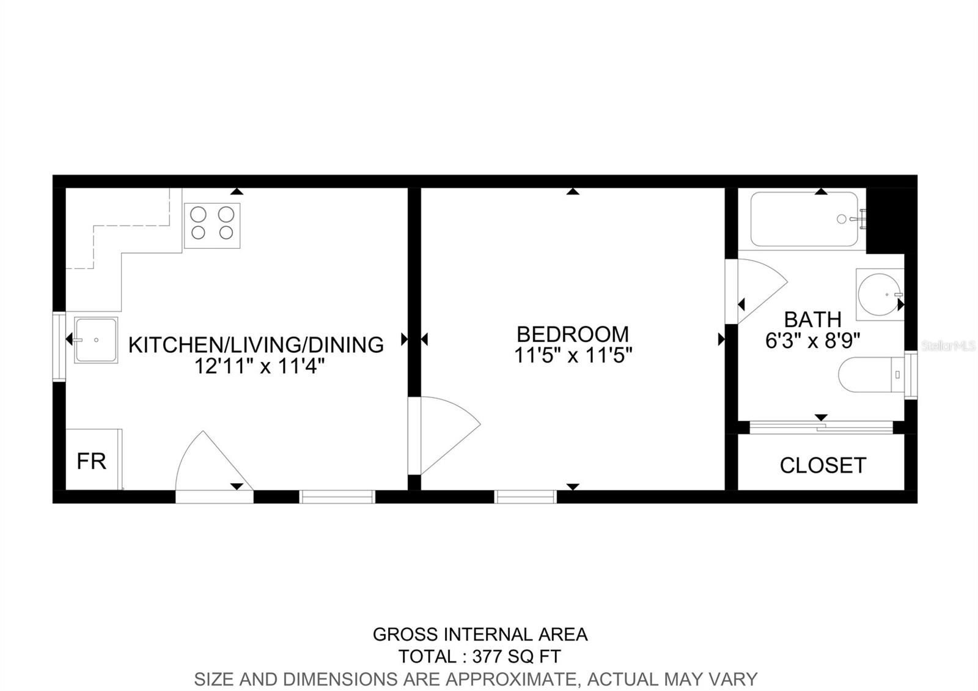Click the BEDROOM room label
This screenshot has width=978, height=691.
tap(572, 334)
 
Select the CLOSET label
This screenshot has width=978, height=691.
tap(823, 465)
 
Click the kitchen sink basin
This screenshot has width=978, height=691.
tap(96, 340)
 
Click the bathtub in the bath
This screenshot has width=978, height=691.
tap(804, 220)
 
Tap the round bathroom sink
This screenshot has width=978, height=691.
tap(878, 294)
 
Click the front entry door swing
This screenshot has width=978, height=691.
tap(211, 465)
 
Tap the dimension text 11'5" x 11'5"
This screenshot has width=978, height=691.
tap(572, 355)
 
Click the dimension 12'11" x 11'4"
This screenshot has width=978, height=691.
tap(259, 366)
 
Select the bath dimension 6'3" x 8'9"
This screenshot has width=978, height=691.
tap(813, 341)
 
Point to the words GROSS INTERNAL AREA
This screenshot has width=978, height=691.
tap(480, 635)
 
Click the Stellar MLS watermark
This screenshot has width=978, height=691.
tap(949, 346)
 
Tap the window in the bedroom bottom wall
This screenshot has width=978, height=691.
tap(526, 497)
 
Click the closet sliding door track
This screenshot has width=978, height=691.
tap(821, 427)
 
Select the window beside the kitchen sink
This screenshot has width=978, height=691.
tap(59, 347)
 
